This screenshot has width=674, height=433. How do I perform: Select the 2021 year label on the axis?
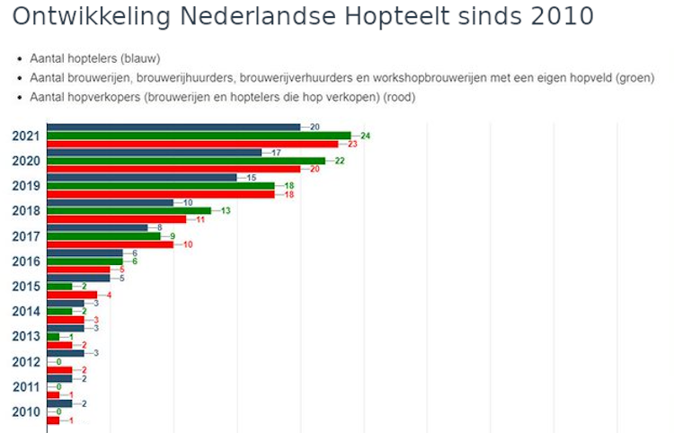26,136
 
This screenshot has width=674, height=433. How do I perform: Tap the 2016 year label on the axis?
26,261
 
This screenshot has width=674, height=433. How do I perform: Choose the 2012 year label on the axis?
26,362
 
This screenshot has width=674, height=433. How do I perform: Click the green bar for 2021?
198,136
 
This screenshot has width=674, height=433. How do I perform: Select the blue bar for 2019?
141,178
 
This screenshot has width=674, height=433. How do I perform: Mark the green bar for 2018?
128,211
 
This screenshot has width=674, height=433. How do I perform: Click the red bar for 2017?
109,244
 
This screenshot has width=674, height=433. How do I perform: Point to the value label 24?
365,136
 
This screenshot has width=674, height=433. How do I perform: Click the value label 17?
276,153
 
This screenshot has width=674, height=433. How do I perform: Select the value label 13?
226,211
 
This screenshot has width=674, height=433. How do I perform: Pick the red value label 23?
352,144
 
